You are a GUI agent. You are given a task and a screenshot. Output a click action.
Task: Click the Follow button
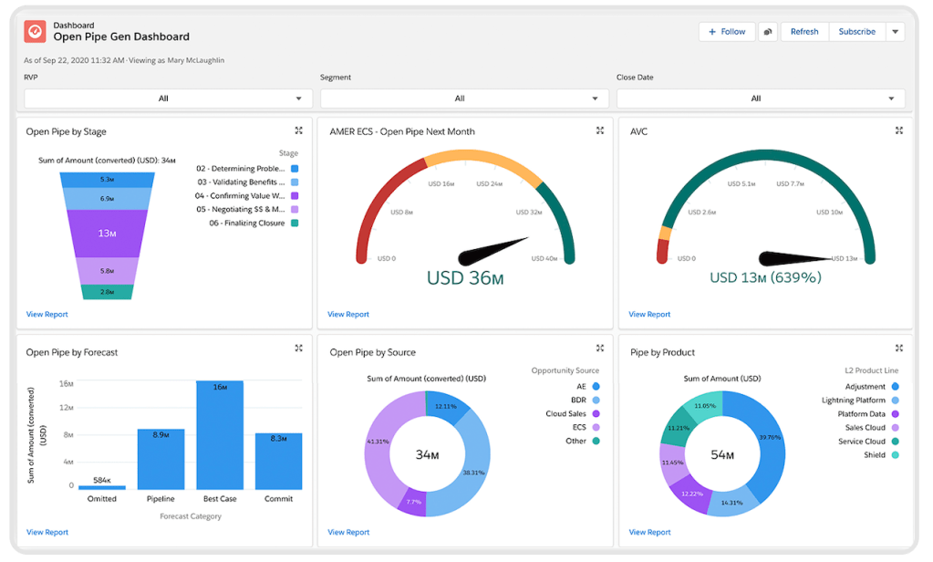tap(726, 32)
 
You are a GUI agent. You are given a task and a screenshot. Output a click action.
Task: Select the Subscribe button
tap(856, 32)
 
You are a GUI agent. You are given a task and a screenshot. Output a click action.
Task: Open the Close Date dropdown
tap(761, 99)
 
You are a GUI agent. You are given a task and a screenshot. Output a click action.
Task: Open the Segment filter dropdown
tap(464, 99)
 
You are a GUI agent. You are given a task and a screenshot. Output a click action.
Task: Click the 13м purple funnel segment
tap(108, 234)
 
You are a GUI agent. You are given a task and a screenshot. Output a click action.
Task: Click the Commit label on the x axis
tap(278, 499)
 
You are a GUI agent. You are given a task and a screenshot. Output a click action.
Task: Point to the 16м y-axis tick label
tap(67, 383)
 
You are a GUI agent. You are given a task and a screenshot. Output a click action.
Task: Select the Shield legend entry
tap(874, 455)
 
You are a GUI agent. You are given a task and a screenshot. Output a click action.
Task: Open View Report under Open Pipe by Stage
tap(47, 315)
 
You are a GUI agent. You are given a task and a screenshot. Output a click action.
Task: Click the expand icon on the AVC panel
tap(899, 130)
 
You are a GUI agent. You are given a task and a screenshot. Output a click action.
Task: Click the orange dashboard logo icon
tap(35, 31)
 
